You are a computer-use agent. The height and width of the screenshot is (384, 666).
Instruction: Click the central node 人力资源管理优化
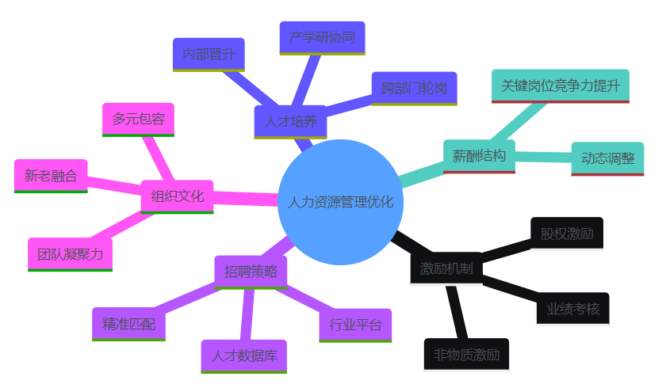coord(341,202)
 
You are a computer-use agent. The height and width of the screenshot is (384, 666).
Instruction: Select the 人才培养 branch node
coord(290,122)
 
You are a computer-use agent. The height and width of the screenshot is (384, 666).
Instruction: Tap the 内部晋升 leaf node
coord(209,55)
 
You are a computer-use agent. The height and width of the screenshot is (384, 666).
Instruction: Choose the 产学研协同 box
coord(322,37)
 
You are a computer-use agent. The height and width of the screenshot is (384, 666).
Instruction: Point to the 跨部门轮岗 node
coord(414,88)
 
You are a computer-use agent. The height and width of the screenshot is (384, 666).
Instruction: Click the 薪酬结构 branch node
coord(479,155)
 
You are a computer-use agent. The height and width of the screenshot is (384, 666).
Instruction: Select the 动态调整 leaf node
coord(607,158)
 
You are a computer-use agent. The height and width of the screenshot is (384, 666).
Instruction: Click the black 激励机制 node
coord(446,268)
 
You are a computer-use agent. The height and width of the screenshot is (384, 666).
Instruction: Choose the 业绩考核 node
coord(573,308)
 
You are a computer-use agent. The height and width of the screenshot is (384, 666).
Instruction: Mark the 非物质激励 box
coord(466,354)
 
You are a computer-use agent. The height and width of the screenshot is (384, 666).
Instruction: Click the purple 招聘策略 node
coord(251,272)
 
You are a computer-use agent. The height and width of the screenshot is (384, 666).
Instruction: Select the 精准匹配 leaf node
coord(128,324)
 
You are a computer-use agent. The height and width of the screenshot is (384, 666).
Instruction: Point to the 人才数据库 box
coord(243,356)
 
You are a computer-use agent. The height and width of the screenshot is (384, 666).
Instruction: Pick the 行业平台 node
coord(355,325)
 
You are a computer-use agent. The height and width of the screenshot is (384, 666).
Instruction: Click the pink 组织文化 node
coord(177,196)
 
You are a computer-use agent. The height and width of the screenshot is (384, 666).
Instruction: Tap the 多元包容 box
coord(139,120)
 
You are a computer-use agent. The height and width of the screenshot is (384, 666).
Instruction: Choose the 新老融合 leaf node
coord(51,176)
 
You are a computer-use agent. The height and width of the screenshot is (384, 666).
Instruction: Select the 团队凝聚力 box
coord(70,254)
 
